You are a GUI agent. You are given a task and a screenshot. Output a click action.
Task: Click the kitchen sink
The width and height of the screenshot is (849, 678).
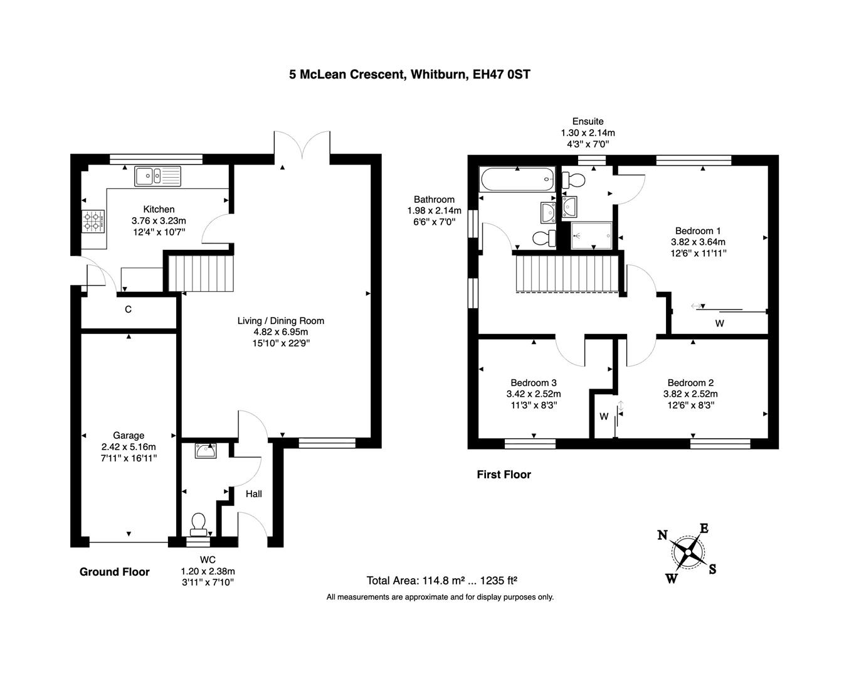pyautogui.click(x=157, y=176)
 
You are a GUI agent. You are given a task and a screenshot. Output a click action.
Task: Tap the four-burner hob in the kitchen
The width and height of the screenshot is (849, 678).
pyautogui.click(x=92, y=222)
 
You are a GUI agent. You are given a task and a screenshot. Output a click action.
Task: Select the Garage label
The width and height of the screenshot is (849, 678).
pyautogui.click(x=129, y=435)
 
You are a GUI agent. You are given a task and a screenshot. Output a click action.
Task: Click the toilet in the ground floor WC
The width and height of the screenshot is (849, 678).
pyautogui.click(x=199, y=523)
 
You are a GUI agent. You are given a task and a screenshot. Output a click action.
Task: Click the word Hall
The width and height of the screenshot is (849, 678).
pyautogui.click(x=253, y=494)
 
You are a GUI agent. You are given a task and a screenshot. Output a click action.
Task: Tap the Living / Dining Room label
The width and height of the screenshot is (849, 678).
pyautogui.click(x=280, y=321)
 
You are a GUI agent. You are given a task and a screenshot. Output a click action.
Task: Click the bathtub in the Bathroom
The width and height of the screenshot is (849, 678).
pyautogui.click(x=517, y=180)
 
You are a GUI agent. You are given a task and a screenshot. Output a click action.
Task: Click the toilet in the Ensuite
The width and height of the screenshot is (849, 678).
pyautogui.click(x=574, y=181)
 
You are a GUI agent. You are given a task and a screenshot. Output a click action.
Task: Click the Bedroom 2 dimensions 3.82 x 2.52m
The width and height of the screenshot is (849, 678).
pyautogui.click(x=690, y=394)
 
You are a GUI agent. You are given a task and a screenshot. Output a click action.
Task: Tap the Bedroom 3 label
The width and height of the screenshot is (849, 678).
pyautogui.click(x=533, y=383)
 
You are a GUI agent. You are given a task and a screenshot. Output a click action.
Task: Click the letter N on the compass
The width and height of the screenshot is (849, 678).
pyautogui.click(x=662, y=535)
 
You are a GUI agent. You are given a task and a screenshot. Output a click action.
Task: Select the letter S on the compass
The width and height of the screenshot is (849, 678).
pyautogui.click(x=712, y=569)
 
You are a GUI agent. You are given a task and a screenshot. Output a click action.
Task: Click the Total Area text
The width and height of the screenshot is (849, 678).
pyautogui.click(x=441, y=581)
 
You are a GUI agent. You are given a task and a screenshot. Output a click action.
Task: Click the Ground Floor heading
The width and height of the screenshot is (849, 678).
pyautogui.click(x=114, y=571)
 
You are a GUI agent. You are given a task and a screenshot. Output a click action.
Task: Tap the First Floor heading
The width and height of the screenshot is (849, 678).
pyautogui.click(x=504, y=475)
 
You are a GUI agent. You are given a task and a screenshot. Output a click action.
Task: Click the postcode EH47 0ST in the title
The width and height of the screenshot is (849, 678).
pyautogui.click(x=501, y=75)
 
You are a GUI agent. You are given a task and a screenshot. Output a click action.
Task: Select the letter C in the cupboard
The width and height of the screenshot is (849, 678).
pyautogui.click(x=128, y=309)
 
